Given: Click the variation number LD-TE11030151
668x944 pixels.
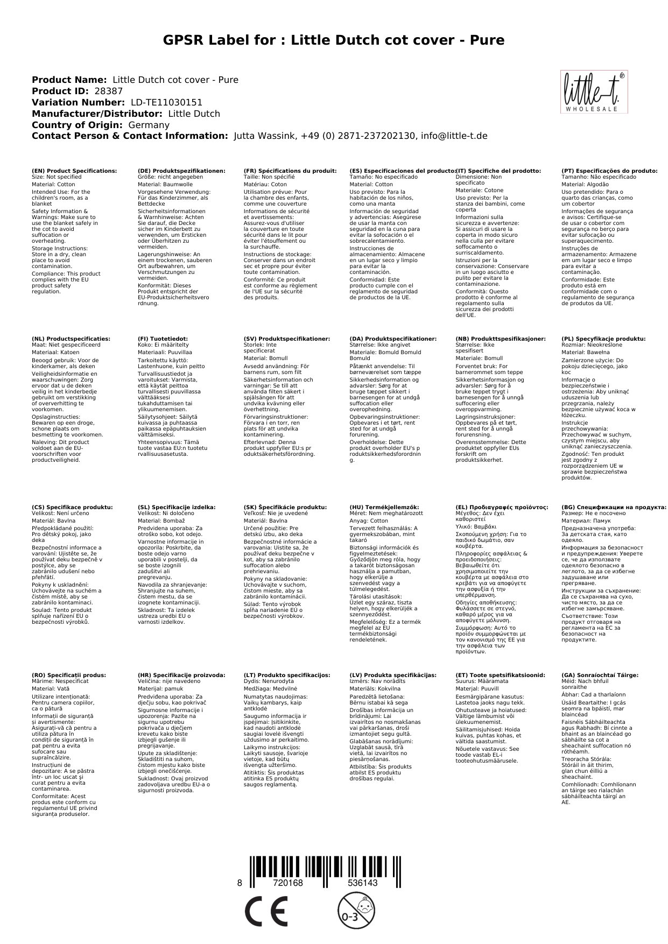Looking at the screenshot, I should coord(166,102).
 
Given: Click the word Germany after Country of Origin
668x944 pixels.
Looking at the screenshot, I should coord(149,125).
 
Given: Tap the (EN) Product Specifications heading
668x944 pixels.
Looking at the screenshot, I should coord(74,171).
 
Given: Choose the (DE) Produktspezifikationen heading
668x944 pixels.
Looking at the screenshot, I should coord(181,171).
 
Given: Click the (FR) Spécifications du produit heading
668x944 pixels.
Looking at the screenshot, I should coord(290,171).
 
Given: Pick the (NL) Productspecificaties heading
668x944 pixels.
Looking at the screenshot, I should coord(71,339).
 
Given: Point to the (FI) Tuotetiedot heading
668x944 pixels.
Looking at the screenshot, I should coord(163,339).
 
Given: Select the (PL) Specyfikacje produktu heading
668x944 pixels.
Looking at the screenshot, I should coord(603,339).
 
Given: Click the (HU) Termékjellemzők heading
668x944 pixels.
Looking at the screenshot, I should coord(384,507).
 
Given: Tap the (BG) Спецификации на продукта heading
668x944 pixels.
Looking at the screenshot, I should coord(614,507).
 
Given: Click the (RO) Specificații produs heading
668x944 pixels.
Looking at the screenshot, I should coord(69,675).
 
